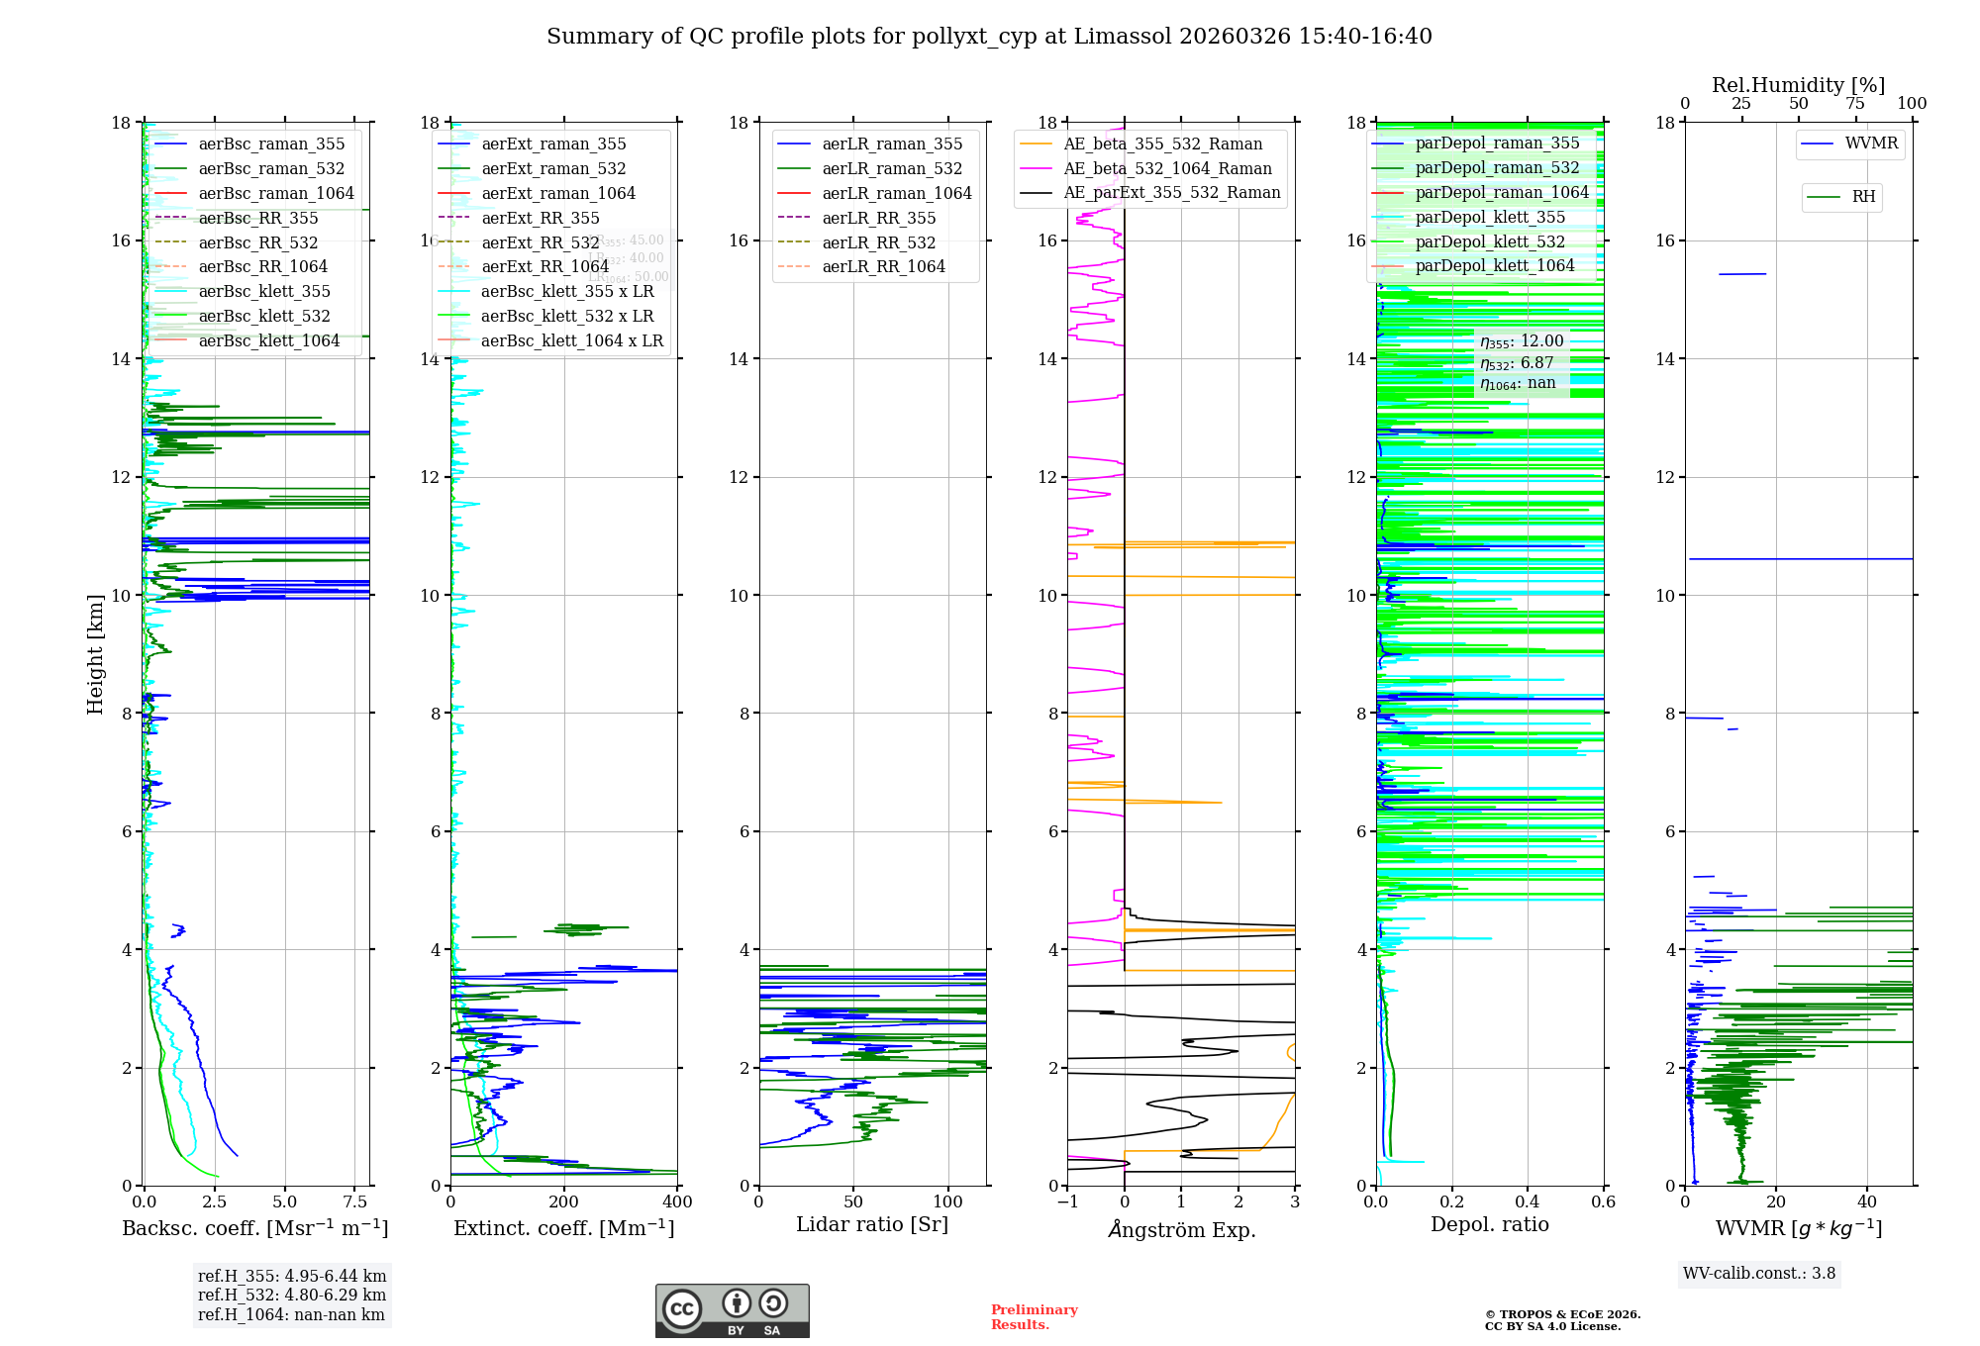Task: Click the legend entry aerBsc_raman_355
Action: point(271,144)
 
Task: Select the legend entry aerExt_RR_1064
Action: point(544,267)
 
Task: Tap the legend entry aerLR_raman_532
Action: point(892,169)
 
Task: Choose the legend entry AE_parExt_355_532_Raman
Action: point(1171,193)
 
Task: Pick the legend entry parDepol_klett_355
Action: point(1490,218)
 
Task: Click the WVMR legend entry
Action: point(1871,144)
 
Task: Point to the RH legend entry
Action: point(1863,197)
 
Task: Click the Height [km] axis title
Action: point(95,654)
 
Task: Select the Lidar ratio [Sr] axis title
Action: point(872,1225)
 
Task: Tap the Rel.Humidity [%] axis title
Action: point(1798,85)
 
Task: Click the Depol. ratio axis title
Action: point(1489,1225)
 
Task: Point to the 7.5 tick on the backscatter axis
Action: point(355,1202)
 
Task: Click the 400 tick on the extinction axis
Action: point(677,1202)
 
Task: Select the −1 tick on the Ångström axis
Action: point(1067,1202)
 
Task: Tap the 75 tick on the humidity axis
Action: point(1855,104)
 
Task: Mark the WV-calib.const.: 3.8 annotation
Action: point(1759,1274)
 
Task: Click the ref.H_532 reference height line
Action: point(292,1296)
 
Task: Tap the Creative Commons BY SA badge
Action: point(732,1311)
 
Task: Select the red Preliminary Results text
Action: point(1034,1317)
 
